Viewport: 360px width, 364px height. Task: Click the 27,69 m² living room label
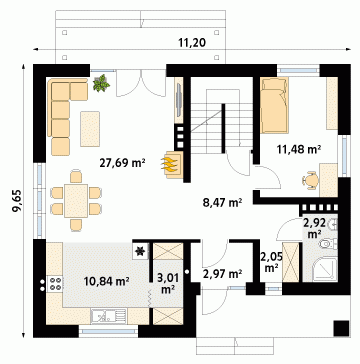pyautogui.click(x=122, y=163)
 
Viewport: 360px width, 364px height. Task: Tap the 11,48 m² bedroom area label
pyautogui.click(x=299, y=149)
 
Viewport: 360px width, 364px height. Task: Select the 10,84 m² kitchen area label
pyautogui.click(x=107, y=281)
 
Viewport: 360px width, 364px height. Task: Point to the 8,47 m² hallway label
pyautogui.click(x=222, y=202)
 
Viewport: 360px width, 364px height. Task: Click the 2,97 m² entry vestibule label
pyautogui.click(x=222, y=274)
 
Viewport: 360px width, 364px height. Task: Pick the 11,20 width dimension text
pyautogui.click(x=192, y=42)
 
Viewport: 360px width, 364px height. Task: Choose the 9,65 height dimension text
pyautogui.click(x=17, y=201)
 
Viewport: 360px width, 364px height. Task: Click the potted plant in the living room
pyautogui.click(x=101, y=83)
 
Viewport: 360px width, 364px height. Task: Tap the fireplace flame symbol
pyautogui.click(x=170, y=164)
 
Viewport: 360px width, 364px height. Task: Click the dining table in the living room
pyautogui.click(x=76, y=201)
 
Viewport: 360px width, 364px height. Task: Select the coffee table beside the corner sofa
pyautogui.click(x=90, y=129)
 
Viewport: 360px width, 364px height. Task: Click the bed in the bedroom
pyautogui.click(x=274, y=105)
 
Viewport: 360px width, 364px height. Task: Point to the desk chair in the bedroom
pyautogui.click(x=311, y=180)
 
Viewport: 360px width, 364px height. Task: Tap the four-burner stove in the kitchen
pyautogui.click(x=55, y=284)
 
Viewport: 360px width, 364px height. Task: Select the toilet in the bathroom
pyautogui.click(x=328, y=244)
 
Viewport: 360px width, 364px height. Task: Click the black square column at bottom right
pyautogui.click(x=341, y=329)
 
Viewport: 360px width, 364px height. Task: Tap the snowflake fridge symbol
pyautogui.click(x=140, y=252)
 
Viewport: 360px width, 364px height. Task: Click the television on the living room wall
pyautogui.click(x=179, y=100)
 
